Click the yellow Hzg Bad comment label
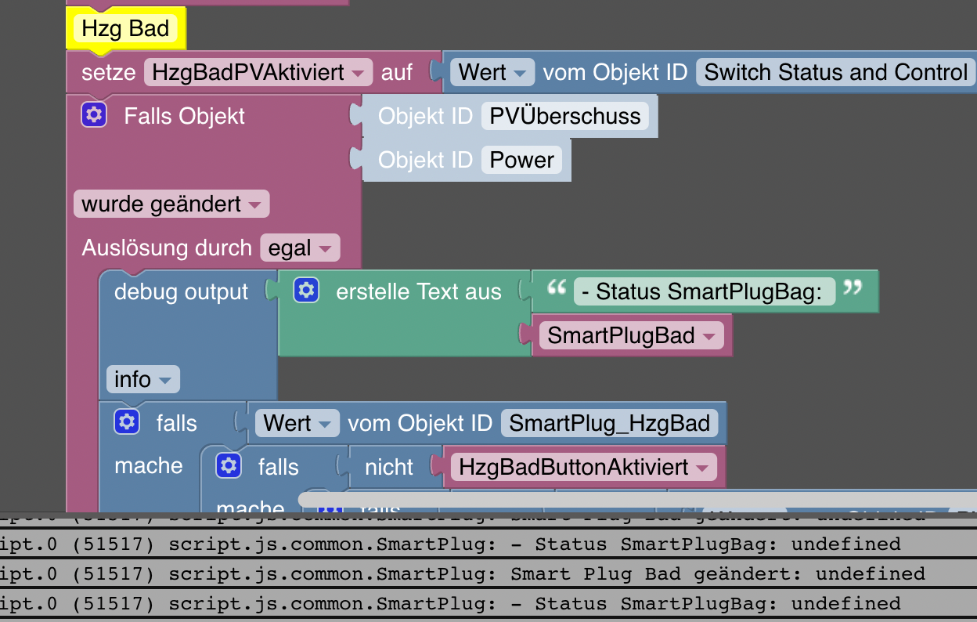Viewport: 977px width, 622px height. (125, 29)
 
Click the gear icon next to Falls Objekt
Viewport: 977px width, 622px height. (94, 116)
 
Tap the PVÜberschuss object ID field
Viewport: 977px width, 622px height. (564, 116)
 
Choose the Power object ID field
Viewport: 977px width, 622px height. (521, 160)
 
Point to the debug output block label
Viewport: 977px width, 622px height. (181, 292)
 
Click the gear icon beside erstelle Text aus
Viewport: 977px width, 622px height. (306, 291)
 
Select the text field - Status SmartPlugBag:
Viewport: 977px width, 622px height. (704, 292)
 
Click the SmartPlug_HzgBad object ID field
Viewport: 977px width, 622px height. (609, 424)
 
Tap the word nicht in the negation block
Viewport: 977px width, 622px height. (388, 468)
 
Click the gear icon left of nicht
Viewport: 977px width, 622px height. (229, 466)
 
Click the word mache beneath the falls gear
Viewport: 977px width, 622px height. (148, 466)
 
